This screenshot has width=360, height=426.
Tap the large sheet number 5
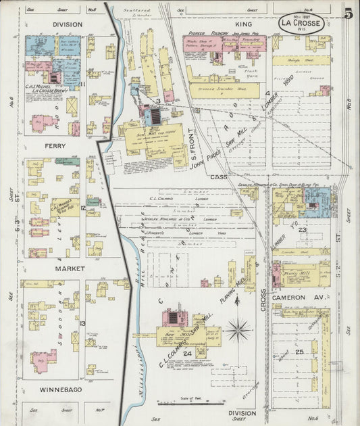coord(348,14)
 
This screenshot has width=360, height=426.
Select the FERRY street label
coord(54,145)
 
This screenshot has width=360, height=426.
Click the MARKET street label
coord(54,268)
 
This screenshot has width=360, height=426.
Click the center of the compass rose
coord(238,331)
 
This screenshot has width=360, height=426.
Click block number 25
coord(299,352)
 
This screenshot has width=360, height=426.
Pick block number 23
coord(303,231)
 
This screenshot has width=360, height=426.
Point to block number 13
coord(82,323)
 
